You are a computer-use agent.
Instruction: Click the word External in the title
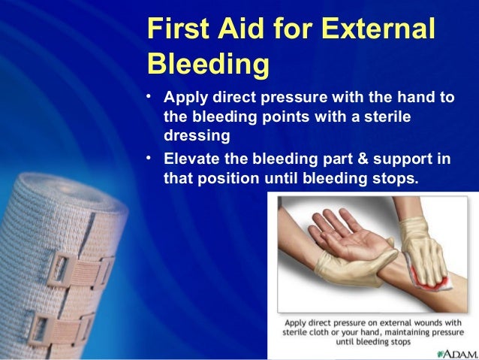378,28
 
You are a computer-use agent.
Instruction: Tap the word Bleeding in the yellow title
209,64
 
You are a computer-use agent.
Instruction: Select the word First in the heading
179,28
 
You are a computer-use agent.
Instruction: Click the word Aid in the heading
241,28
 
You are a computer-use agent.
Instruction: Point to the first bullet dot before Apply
149,96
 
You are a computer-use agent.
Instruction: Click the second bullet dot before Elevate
149,158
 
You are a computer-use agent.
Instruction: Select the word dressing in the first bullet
197,135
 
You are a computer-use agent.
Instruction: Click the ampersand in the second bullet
363,159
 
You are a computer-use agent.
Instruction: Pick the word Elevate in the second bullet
191,159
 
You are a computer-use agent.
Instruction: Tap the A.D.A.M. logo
457,354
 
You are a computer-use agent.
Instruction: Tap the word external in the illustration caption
397,323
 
